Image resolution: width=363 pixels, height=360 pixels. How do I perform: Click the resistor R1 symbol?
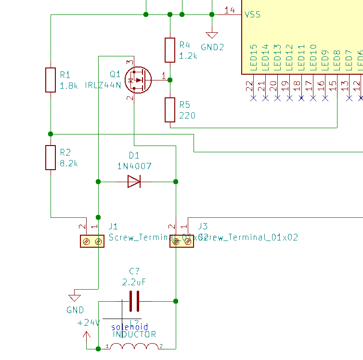pos(51,80)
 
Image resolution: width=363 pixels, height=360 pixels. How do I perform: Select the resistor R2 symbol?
pos(51,158)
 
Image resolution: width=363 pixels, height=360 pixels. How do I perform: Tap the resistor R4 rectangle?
pos(170,50)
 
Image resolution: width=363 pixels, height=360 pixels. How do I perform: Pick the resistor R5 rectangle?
pos(170,109)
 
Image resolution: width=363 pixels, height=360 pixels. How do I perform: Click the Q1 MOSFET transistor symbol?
pos(137,80)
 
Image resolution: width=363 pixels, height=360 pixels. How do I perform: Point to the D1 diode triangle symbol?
pos(134,181)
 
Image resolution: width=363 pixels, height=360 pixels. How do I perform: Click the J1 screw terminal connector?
pos(92,241)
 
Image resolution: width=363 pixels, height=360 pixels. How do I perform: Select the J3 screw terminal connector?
pos(182,241)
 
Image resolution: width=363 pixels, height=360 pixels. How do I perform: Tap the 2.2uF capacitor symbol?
pos(134,301)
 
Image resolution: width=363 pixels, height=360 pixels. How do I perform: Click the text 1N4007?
pos(134,166)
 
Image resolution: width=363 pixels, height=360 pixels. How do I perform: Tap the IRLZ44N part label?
pos(103,85)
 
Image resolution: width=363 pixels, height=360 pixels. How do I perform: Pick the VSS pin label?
pos(253,14)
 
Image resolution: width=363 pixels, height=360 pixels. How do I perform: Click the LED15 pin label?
pos(253,59)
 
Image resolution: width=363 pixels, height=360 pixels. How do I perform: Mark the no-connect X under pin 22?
pos(253,98)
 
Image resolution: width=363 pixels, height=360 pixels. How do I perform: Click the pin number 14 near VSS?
pos(230,10)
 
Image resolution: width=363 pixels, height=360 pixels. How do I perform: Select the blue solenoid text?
pos(130,327)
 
